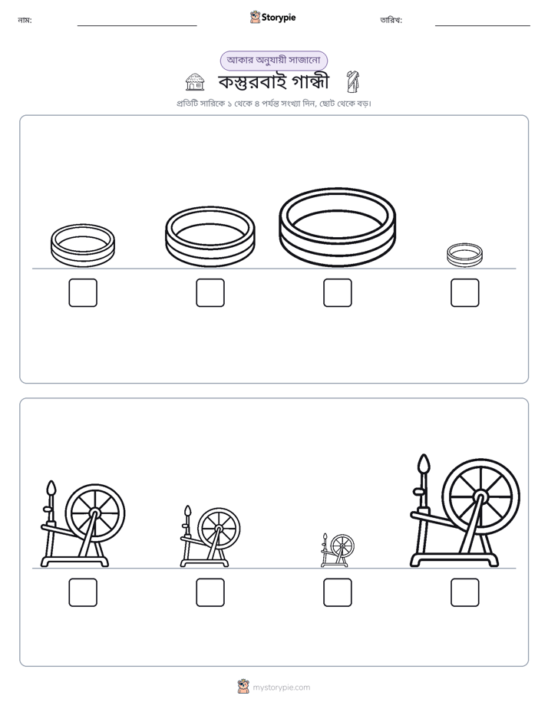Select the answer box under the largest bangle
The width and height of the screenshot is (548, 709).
coord(337,292)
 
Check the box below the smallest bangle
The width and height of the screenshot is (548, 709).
coord(465,292)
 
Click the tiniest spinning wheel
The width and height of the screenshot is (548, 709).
coord(337,550)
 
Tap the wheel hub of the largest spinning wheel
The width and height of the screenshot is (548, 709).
coord(480,497)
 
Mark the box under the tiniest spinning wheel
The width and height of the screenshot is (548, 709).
coord(337,592)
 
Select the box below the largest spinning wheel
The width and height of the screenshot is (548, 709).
coord(465,592)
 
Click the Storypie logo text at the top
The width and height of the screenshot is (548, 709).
coord(279,18)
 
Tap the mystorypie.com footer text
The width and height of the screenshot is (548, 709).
coord(281,688)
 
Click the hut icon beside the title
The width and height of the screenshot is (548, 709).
coord(195,82)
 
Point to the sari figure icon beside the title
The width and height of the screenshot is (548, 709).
coord(352,81)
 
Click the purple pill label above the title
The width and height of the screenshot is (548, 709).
coord(273,61)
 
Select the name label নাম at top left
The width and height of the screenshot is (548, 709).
coord(25,21)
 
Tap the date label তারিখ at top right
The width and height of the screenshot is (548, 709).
coord(391,21)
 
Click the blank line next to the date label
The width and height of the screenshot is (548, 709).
coord(483,26)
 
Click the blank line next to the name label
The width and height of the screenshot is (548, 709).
coord(137,26)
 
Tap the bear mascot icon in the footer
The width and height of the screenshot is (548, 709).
coord(243,687)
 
